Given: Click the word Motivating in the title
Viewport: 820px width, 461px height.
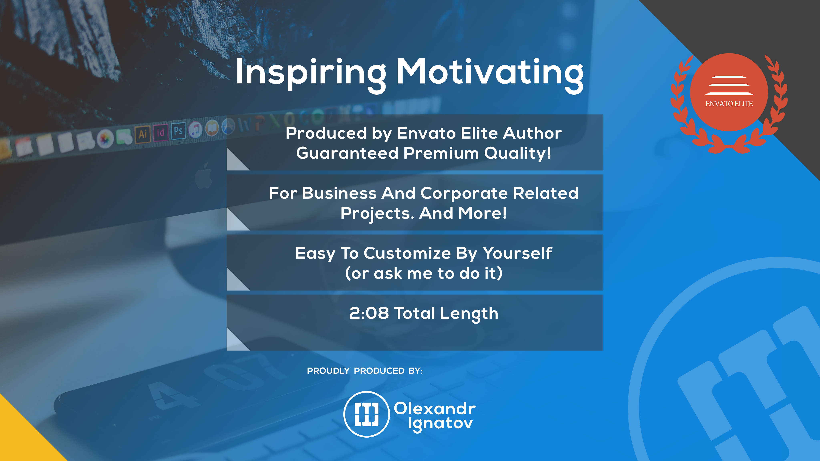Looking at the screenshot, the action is (x=490, y=74).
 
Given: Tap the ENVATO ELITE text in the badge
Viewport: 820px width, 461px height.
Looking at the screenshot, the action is (x=729, y=104).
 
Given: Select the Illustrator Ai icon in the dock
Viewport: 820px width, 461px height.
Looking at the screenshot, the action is (x=143, y=134).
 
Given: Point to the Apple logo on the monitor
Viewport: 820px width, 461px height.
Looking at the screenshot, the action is (x=204, y=176).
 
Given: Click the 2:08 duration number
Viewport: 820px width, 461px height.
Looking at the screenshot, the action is (x=369, y=313).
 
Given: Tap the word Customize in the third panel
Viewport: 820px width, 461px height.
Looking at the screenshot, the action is (x=407, y=253).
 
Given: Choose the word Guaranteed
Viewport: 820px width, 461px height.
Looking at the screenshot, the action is (x=347, y=153).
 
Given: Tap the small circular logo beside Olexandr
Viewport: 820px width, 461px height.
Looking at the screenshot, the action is (x=367, y=414).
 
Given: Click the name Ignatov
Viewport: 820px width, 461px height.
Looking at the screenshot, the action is (x=441, y=424).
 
